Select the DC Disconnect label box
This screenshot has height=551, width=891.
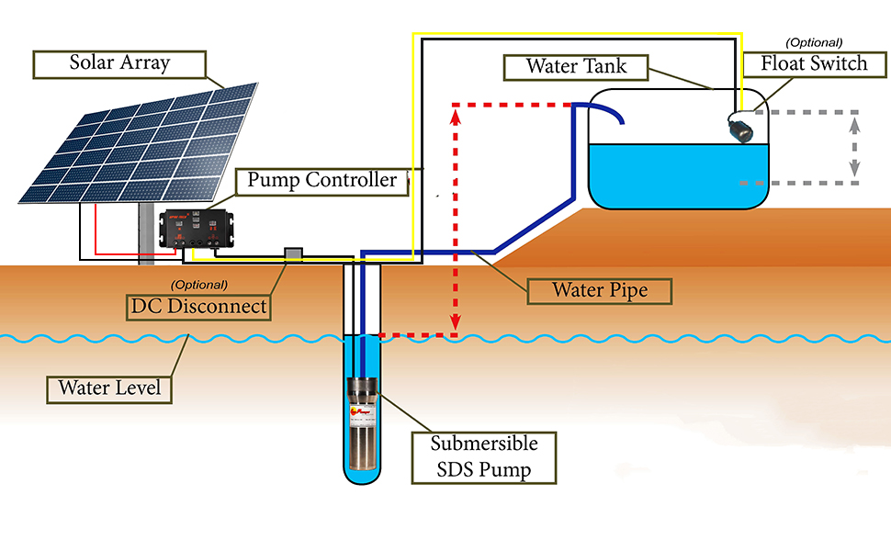coord(198,306)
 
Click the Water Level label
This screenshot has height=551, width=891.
coord(109,388)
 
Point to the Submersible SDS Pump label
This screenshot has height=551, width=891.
coord(484,457)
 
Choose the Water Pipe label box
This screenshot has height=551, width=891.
coord(600,291)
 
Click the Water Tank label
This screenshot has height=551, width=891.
coord(575,67)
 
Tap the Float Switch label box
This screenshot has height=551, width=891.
coord(814,63)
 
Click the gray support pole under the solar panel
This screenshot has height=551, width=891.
coord(146,234)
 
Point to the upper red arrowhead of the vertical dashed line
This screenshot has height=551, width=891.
coord(455,114)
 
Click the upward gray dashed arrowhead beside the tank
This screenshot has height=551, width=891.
coord(855,118)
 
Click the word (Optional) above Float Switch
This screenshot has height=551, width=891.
coord(814,42)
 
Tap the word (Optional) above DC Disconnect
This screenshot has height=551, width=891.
coord(199,285)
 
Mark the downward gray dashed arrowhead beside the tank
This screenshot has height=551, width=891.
coord(855,170)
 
